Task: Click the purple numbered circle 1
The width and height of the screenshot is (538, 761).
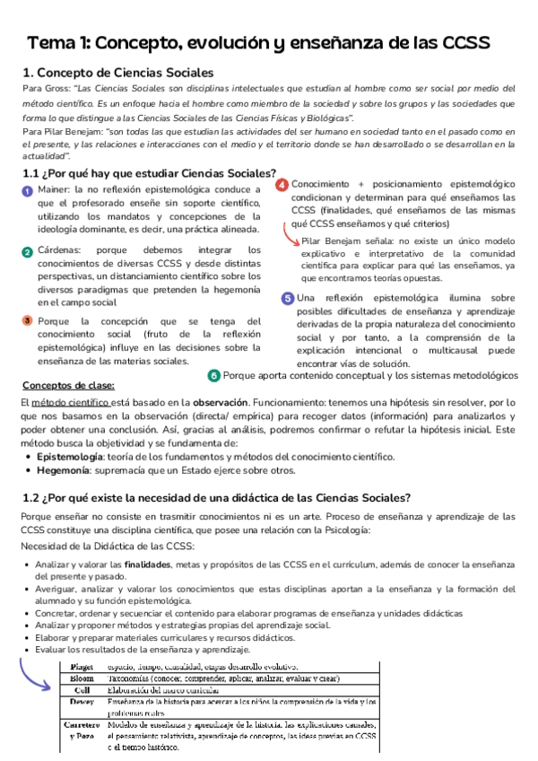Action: click(x=27, y=191)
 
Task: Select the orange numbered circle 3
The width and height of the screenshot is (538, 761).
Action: click(x=27, y=320)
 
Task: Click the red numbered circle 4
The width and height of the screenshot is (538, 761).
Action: click(x=282, y=185)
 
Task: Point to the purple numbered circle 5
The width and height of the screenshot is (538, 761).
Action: click(x=287, y=298)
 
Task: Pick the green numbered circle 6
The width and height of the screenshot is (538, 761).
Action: click(x=213, y=375)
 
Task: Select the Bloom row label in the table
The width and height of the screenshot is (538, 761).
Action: click(x=82, y=679)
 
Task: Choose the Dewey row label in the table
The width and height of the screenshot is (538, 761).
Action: click(x=82, y=702)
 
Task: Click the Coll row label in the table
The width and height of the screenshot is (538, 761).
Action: click(x=82, y=690)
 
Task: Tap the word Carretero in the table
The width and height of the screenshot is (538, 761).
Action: click(x=82, y=724)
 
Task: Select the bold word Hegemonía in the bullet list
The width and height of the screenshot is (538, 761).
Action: click(x=66, y=470)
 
